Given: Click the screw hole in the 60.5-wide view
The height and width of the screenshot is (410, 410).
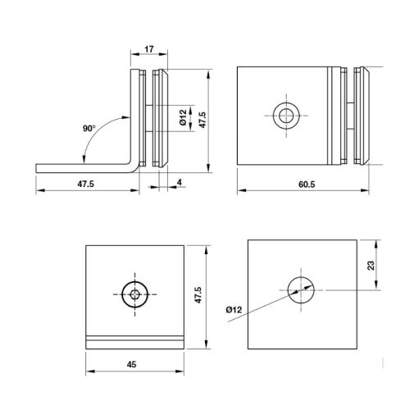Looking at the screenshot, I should click(287, 116).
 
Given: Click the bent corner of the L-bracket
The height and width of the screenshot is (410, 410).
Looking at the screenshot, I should click(131, 166).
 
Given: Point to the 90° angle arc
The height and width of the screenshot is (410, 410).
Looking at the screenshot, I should click(106, 131).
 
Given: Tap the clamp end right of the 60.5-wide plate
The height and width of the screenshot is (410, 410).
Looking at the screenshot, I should click(361, 115).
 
